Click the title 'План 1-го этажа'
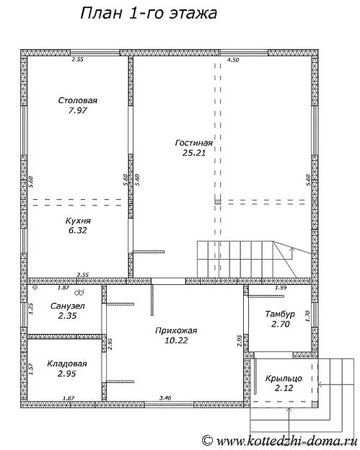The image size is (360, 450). click(149, 14)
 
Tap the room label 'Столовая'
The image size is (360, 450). click(77, 100)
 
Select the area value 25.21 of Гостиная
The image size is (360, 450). click(194, 153)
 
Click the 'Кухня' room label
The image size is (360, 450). click(78, 221)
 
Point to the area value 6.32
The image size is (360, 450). click(77, 231)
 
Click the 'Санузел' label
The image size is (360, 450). click(68, 306)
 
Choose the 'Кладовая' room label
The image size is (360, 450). click(67, 363)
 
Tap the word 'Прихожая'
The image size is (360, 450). click(176, 330)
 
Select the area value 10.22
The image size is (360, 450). click(176, 340)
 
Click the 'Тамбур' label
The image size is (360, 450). click(280, 314)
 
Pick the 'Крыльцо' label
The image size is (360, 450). click(284, 379)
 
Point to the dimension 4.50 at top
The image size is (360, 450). click(233, 60)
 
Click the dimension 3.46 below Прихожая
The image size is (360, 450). click(165, 398)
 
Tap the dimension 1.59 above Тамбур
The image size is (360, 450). click(281, 287)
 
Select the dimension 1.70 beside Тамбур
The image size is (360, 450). click(307, 317)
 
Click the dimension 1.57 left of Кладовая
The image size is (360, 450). click(31, 369)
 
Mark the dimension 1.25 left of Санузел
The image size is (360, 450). click(31, 309)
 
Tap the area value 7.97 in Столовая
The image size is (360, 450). click(77, 110)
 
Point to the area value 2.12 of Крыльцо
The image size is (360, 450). click(284, 388)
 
